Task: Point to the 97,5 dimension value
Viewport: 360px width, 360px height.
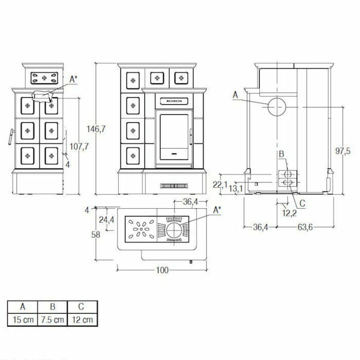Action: pyautogui.click(x=343, y=151)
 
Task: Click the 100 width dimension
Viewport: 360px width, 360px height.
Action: pyautogui.click(x=161, y=271)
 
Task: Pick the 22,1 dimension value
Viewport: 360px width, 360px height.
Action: pyautogui.click(x=221, y=184)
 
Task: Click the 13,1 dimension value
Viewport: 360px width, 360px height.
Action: pyautogui.click(x=236, y=190)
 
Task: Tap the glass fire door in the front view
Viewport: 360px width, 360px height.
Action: pyautogui.click(x=174, y=132)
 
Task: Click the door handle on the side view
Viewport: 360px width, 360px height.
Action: pyautogui.click(x=10, y=137)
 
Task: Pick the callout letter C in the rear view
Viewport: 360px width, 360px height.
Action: pyautogui.click(x=302, y=203)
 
